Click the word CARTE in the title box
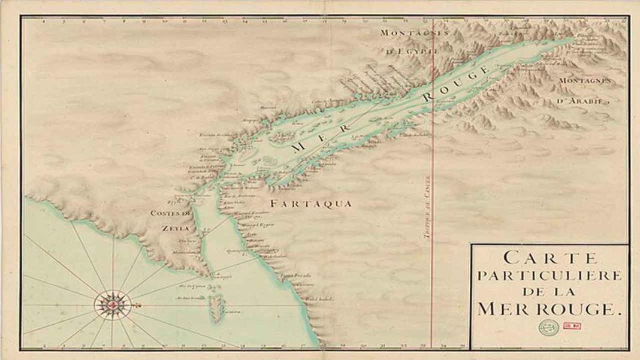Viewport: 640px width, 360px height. [x=550, y=258]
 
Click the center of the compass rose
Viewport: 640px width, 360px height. [x=112, y=304]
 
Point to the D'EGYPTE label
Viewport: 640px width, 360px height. [x=413, y=52]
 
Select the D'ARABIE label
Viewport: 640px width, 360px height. [x=579, y=101]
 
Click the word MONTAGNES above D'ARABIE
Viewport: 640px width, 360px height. [x=584, y=80]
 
